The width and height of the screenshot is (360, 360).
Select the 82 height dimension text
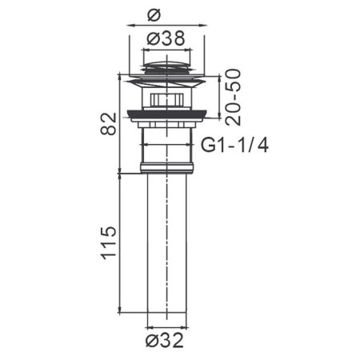coord(110,124)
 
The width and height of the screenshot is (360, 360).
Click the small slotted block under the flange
coord(166,101)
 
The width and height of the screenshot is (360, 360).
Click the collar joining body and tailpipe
coord(166,168)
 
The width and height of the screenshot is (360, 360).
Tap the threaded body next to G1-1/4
coord(166,144)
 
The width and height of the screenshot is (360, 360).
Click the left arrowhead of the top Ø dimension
coord(130,24)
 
